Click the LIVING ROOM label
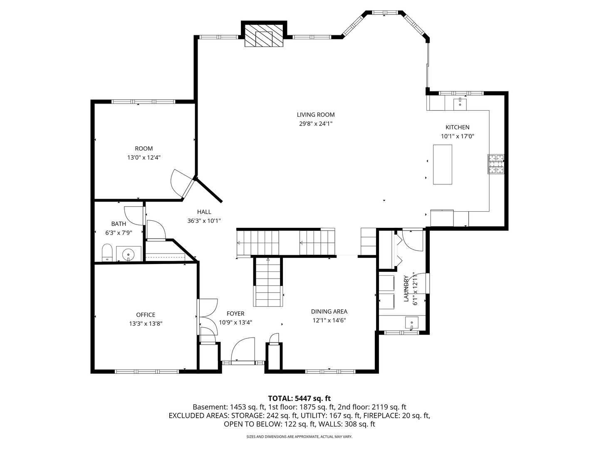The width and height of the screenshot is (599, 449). click(315, 115)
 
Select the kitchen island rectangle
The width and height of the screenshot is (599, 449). click(443, 164)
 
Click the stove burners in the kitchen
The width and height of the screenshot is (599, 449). click(496, 164)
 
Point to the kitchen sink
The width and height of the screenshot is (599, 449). click(460, 103)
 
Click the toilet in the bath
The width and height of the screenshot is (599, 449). click(107, 253)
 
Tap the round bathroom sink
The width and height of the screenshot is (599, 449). click(129, 254)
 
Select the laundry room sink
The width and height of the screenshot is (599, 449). click(412, 323)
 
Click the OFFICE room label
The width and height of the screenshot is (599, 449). click(146, 315)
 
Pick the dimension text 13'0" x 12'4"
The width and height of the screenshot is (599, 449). click(144, 158)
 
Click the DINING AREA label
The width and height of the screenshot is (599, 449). click(329, 311)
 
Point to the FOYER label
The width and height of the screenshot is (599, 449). click(235, 313)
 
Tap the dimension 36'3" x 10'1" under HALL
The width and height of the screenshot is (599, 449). click(204, 221)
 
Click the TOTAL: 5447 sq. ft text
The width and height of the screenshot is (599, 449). click(299, 398)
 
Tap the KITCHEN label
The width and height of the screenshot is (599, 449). click(457, 127)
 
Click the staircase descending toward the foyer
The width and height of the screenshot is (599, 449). click(268, 281)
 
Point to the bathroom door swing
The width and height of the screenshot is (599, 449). click(134, 215)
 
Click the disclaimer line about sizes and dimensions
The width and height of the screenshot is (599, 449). click(299, 437)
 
